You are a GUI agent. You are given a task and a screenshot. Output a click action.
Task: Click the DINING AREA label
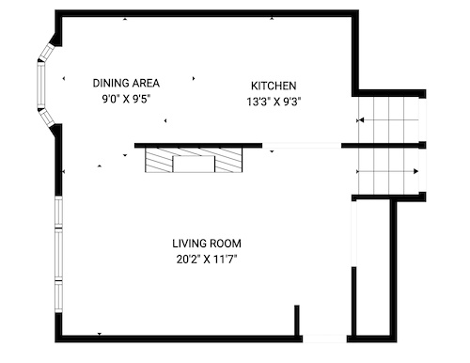point(126,83)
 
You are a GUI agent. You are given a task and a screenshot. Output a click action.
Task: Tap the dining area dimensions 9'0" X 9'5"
point(126,100)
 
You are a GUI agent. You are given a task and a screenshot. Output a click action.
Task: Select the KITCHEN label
point(274,86)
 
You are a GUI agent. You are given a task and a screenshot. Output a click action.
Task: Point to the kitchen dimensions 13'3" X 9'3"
point(274,102)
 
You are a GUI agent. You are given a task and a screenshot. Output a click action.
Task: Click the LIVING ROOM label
point(207,244)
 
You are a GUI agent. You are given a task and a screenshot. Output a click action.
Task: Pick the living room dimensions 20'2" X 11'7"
point(207,260)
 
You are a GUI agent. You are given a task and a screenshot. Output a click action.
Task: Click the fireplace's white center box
point(194,164)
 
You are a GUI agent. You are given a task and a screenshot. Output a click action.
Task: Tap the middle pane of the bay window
point(41,85)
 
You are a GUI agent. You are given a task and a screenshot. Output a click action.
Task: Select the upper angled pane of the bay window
point(47,52)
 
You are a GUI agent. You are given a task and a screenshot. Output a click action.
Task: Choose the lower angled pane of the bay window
point(47,118)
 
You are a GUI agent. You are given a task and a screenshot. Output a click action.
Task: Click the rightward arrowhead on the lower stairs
point(416,171)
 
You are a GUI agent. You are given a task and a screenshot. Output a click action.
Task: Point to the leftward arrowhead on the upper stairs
point(361,120)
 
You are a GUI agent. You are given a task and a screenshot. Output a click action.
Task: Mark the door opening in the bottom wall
point(324,339)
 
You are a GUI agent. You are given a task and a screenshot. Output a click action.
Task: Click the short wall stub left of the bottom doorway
point(297,321)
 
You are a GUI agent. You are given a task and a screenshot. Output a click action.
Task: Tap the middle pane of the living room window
point(58,254)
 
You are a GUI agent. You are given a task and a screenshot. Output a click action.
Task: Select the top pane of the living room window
point(58,212)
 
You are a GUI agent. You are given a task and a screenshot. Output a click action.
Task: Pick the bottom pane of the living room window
point(58,296)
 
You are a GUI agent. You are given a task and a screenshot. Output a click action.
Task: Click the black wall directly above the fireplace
point(198,146)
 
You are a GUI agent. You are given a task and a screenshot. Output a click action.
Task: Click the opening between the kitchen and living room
point(302,146)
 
